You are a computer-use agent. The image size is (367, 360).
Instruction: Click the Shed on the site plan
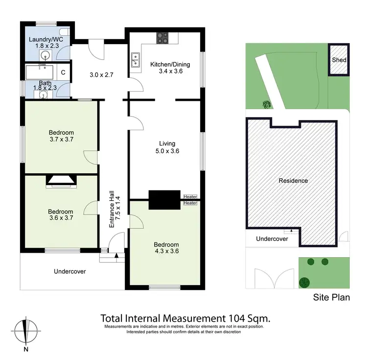339,60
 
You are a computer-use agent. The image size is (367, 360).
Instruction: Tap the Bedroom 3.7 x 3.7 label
61,136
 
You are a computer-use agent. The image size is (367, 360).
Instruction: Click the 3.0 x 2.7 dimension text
101,75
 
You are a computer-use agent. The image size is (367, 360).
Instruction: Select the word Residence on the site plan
293,181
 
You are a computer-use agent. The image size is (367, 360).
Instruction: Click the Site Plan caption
332,297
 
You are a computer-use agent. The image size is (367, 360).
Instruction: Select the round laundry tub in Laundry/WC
46,55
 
